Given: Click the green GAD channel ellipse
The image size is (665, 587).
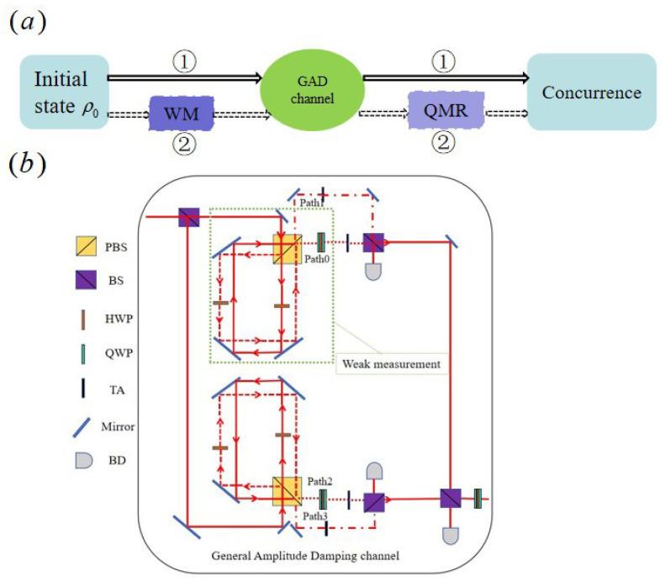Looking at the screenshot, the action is point(312,90).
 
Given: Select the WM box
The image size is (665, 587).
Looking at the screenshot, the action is point(181,114).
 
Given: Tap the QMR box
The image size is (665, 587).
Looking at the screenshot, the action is point(446,110).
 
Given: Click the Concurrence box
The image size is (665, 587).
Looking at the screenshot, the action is point(592,92).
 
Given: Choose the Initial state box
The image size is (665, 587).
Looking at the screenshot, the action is point(65,92).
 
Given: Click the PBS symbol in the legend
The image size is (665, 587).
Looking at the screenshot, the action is point(86,246).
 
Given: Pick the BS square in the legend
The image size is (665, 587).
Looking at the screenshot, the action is point(86,280).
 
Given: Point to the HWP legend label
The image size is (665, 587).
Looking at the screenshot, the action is point(119,319).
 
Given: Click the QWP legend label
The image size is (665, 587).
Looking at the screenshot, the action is point(119,353).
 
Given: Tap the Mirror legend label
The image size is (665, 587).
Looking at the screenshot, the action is point(118,426).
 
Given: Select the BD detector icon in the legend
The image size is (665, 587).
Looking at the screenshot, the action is point(84,460).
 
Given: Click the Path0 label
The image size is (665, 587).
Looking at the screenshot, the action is point(317,259).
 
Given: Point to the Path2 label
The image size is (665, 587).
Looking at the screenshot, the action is point(319,481).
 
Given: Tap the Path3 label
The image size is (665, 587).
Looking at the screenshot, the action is point(315,516).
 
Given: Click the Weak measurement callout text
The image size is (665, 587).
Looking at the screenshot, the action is point(392,364).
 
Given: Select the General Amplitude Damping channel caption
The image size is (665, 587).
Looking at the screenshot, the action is point(305,556).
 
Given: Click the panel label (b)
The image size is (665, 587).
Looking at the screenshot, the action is point(28,165).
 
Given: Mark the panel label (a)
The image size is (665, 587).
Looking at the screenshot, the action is point(28,22).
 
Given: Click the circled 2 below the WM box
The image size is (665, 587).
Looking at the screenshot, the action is point(184,143).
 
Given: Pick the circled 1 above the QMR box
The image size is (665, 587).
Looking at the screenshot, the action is point(444,61).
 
